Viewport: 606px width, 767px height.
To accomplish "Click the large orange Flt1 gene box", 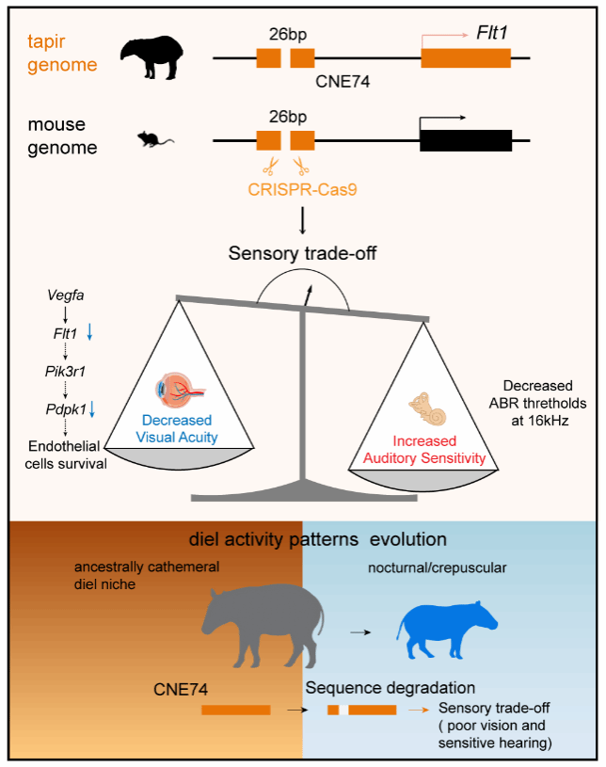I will (x=466, y=58).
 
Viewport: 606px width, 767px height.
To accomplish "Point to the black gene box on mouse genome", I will (x=465, y=140).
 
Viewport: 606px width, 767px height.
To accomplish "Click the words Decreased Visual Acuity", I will (x=177, y=427).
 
